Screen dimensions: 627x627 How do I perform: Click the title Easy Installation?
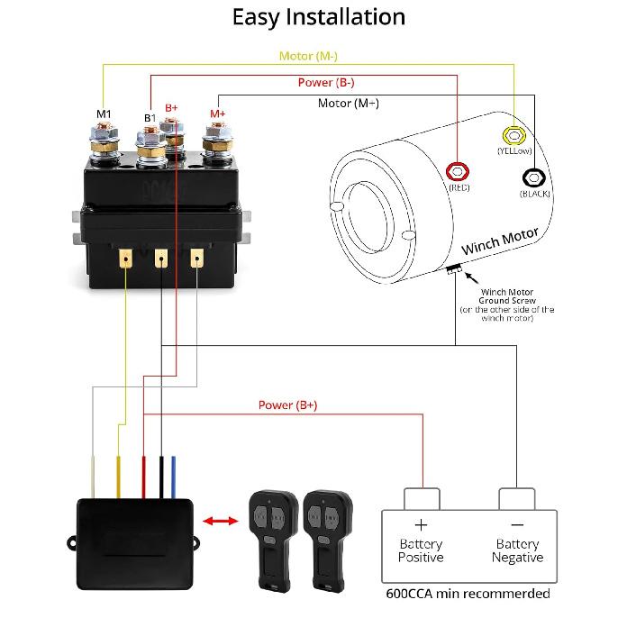(x=318, y=16)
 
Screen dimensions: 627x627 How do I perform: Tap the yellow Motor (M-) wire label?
(x=308, y=56)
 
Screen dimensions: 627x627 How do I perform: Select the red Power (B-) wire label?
(x=326, y=83)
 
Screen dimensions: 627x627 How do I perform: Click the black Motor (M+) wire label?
(x=349, y=104)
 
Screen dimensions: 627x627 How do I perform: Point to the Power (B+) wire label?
(x=287, y=405)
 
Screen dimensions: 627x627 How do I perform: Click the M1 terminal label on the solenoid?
(x=104, y=114)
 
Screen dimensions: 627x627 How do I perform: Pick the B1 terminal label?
(x=150, y=117)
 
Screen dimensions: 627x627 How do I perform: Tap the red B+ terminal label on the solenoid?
(x=171, y=107)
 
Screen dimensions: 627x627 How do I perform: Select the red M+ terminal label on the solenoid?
(x=217, y=114)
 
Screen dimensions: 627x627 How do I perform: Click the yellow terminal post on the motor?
(x=513, y=136)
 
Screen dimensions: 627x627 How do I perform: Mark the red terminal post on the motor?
(x=459, y=171)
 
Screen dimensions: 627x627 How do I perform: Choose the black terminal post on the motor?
(x=534, y=177)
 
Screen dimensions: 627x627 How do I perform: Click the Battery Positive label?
(x=421, y=550)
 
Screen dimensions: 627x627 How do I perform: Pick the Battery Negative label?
(x=518, y=550)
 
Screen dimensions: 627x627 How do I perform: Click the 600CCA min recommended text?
(x=468, y=594)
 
